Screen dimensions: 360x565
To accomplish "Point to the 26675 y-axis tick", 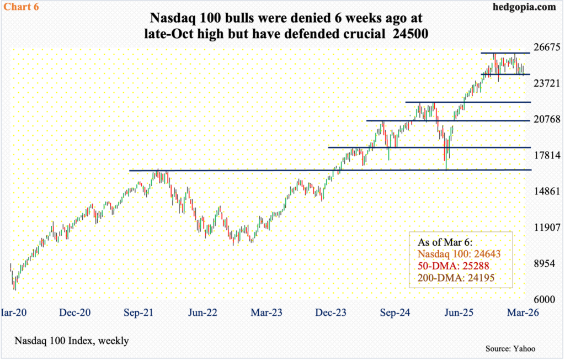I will [545, 47].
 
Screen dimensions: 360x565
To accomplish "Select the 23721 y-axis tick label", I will [545, 83].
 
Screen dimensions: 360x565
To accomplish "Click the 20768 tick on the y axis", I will [545, 119].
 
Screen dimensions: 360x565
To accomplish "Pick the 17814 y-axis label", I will [545, 155].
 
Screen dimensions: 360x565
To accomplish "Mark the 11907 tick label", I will [545, 227].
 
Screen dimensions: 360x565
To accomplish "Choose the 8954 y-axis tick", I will [545, 264].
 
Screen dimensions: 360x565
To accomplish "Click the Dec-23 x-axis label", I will [331, 313].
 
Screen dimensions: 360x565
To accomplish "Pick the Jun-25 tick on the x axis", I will [459, 313].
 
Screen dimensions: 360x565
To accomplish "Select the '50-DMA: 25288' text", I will [449, 268].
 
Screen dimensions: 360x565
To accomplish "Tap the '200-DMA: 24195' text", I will [451, 281].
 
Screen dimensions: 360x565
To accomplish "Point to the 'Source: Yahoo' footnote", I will [510, 348].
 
